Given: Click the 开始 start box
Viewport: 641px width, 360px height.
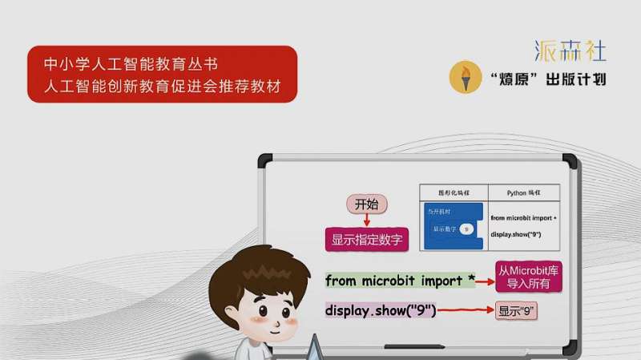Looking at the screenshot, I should point(366,204).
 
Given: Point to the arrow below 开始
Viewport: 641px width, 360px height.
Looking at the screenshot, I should point(366,220).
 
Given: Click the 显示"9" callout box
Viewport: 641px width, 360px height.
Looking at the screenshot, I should point(516,310).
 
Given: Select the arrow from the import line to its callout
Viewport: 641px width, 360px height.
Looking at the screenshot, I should point(485,281).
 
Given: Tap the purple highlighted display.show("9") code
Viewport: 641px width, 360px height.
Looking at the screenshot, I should point(381,310).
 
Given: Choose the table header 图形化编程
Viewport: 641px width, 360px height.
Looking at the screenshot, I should point(454,194).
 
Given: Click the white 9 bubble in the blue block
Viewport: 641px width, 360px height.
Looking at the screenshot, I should point(466,229).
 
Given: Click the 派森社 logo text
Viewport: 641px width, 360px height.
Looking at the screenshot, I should point(570,51).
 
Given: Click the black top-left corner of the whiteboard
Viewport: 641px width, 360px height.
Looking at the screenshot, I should point(265,160).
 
